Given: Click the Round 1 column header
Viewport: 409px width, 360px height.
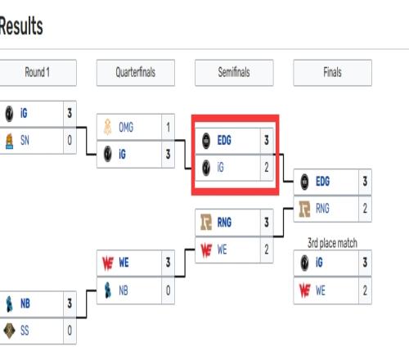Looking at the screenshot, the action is (x=38, y=73).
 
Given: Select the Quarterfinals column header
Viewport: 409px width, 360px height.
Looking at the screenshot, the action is (x=136, y=73).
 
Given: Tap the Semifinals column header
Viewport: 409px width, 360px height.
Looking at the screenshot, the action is (x=234, y=73).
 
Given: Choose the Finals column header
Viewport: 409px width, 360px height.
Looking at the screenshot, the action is (x=332, y=73).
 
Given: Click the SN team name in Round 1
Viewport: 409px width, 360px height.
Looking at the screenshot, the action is (x=25, y=141).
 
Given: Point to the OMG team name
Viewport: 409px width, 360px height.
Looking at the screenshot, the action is (x=126, y=127).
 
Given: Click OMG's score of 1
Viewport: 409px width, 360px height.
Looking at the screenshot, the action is (x=168, y=127).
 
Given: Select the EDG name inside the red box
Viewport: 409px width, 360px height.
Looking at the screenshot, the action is (x=224, y=141).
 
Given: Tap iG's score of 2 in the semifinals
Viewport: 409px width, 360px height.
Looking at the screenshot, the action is (x=267, y=167).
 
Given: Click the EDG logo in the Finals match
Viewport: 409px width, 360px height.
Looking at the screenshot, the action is (x=304, y=182).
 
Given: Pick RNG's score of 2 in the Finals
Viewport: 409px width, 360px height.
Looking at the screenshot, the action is (x=365, y=209).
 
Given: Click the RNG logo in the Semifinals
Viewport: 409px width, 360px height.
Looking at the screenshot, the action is (x=206, y=223).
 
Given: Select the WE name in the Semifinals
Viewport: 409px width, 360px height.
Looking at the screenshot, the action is (x=222, y=250).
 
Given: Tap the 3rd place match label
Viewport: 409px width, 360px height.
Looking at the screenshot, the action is (x=332, y=243).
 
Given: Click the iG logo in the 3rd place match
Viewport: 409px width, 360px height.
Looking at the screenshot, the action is (x=304, y=263).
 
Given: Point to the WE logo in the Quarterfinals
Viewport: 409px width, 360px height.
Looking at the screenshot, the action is (x=108, y=263).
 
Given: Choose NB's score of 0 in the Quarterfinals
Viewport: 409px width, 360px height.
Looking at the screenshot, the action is (x=168, y=290).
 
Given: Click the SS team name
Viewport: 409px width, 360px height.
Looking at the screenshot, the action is (x=25, y=331).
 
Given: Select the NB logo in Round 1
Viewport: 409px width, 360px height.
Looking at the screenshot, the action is (x=9, y=304).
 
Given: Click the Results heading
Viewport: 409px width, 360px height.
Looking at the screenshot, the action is (x=21, y=26).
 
